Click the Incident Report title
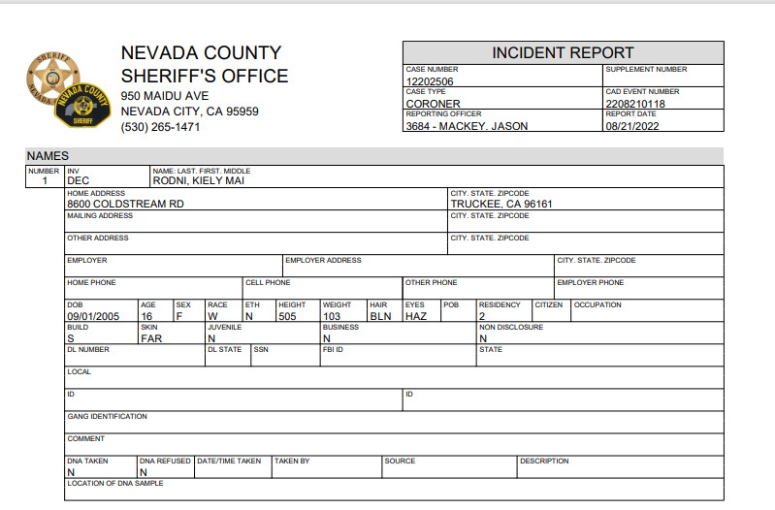(x=563, y=53)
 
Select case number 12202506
(x=430, y=81)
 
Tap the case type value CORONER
(x=434, y=104)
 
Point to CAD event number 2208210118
(x=635, y=104)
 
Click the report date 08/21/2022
(x=631, y=126)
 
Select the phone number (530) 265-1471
(x=160, y=128)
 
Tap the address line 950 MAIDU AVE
(x=165, y=96)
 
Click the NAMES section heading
(x=48, y=156)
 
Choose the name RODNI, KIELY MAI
(x=195, y=180)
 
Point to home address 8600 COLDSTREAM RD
(x=125, y=205)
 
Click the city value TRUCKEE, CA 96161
(x=501, y=205)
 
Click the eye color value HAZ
(x=415, y=316)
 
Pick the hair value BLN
(x=378, y=316)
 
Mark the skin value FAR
(x=151, y=338)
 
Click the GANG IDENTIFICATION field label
(x=107, y=416)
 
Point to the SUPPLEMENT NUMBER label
(x=646, y=70)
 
